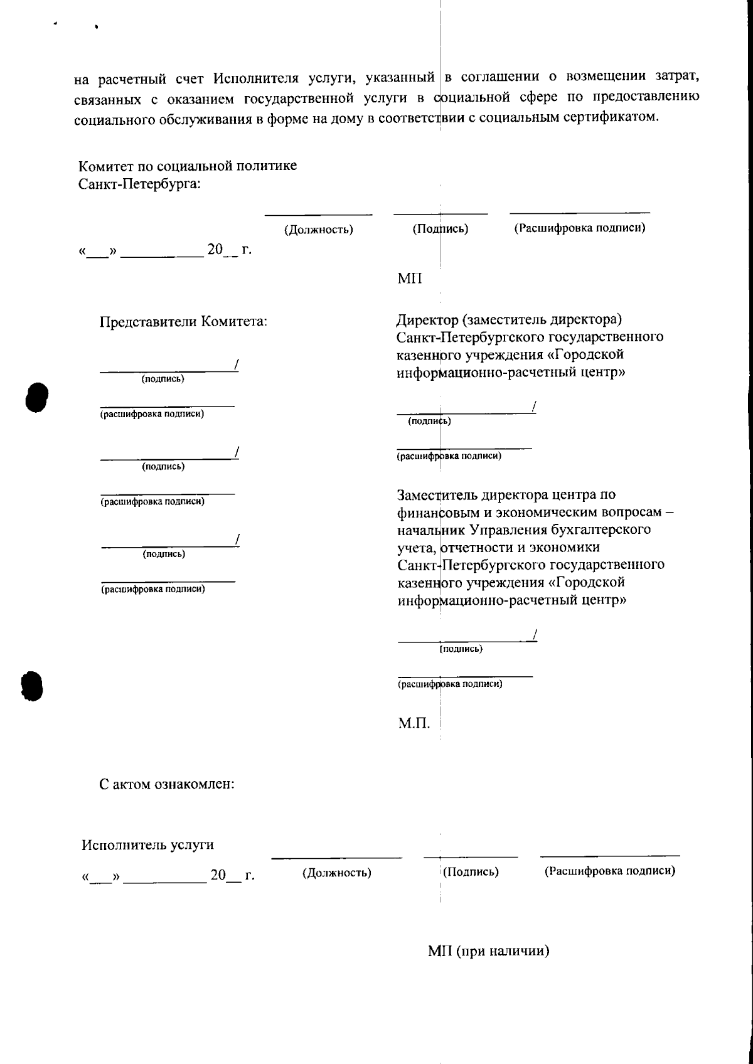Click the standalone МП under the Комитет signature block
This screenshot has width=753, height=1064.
pos(410,279)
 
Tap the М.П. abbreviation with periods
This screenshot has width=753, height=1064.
pos(414,723)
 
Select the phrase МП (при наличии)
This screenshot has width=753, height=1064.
pos(489,951)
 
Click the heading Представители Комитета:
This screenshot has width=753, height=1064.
pos(184,322)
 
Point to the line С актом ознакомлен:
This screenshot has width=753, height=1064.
pos(167,784)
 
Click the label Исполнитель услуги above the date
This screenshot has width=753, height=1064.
pos(147,844)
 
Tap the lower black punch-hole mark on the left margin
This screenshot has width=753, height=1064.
pos(31,686)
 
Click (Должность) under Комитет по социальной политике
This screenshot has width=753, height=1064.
pos(319,230)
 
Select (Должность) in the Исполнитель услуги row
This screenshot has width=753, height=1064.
pos(337,873)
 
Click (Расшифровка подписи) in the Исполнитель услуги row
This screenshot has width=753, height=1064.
pos(610,871)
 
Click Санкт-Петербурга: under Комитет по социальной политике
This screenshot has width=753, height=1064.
pos(139,184)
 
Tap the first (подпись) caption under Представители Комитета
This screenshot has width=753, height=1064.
pos(163,379)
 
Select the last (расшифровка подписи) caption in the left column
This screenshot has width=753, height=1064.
pos(153,589)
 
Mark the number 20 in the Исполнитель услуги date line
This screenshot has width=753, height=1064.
pos(218,875)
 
